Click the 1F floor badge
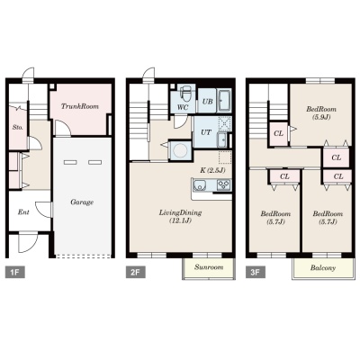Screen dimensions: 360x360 point(15,273)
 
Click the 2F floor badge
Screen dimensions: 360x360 point(135,273)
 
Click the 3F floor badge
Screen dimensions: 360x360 point(255,273)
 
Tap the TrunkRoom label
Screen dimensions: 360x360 point(80,106)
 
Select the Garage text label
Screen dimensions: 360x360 point(82,202)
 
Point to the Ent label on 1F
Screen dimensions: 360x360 point(23,212)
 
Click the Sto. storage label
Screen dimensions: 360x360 point(18,127)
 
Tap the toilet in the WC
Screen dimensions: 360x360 point(185,94)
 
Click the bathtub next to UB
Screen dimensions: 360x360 point(224,101)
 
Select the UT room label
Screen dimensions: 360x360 point(206,132)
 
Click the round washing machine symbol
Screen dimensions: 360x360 point(180,150)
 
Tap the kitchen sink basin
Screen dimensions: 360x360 point(199,185)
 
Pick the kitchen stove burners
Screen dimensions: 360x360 point(224,184)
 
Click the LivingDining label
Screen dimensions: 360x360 point(180,217)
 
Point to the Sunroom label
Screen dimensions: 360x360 point(209,267)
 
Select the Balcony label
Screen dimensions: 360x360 point(323,267)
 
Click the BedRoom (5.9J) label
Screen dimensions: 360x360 point(321,112)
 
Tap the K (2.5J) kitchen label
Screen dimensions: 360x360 point(212,170)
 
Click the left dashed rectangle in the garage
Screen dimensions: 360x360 point(70,162)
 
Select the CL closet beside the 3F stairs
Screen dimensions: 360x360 point(279,133)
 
